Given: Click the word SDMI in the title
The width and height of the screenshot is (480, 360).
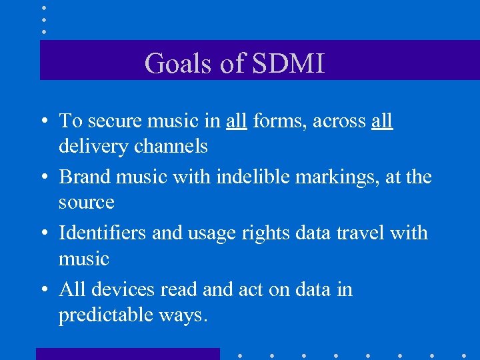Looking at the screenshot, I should click(x=289, y=64).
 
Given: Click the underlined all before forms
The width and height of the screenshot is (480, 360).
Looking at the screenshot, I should click(x=236, y=121).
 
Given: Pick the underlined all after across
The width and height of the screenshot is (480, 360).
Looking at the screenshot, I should click(x=382, y=121).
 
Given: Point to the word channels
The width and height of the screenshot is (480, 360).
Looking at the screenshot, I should click(x=171, y=146).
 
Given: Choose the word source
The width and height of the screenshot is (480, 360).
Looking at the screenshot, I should click(x=86, y=202).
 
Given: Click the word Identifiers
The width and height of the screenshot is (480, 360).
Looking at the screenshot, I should click(x=103, y=233).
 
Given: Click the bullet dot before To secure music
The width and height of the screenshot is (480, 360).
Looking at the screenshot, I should click(x=43, y=122).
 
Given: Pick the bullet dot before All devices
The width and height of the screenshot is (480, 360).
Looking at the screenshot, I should click(x=43, y=291).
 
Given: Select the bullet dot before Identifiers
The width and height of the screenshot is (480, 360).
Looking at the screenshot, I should click(x=43, y=234).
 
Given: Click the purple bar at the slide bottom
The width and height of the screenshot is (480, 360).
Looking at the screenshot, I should click(x=127, y=354).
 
